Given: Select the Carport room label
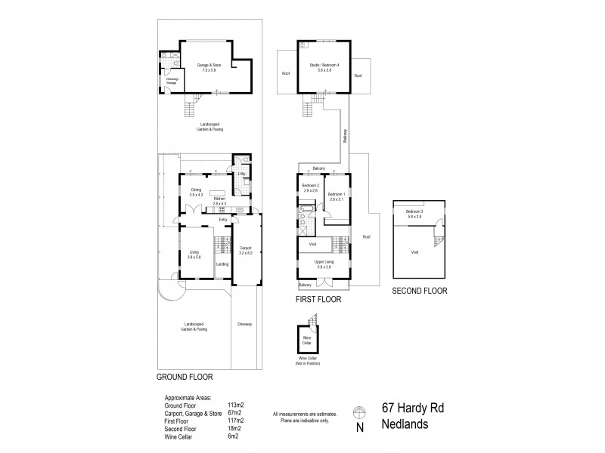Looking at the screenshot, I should [245, 249].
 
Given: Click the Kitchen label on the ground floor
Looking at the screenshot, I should [219, 201].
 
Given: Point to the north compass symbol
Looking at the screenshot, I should [359, 412].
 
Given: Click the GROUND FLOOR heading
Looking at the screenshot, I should [184, 376].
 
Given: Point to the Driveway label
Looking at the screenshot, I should [244, 325].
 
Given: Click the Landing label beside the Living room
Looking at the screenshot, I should [222, 263].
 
